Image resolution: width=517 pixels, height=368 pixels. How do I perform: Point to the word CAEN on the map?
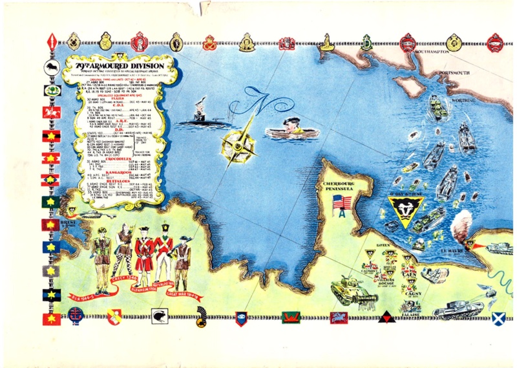410,272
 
